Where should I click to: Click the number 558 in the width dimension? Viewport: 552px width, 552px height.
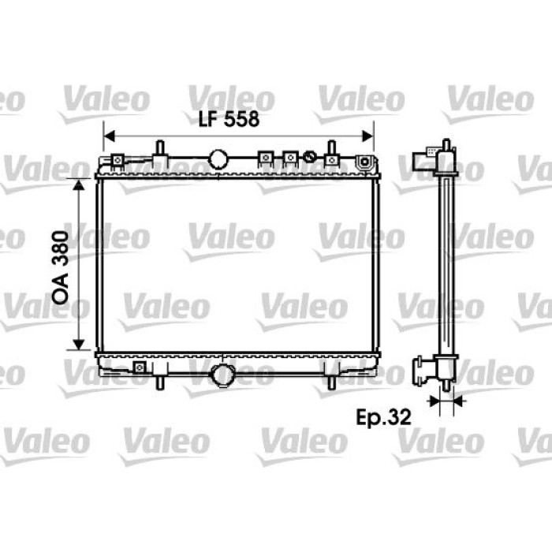click(x=242, y=119)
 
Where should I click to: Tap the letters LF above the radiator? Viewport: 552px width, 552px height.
click(x=209, y=119)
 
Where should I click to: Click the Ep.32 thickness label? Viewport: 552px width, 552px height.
click(x=383, y=417)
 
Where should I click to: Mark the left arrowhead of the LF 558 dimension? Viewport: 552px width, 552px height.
click(x=110, y=136)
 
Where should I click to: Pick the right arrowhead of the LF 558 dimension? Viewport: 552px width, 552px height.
click(x=368, y=136)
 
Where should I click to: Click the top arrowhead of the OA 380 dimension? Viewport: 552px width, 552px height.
click(x=79, y=185)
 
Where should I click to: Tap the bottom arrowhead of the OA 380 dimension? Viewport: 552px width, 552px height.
click(x=79, y=345)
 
